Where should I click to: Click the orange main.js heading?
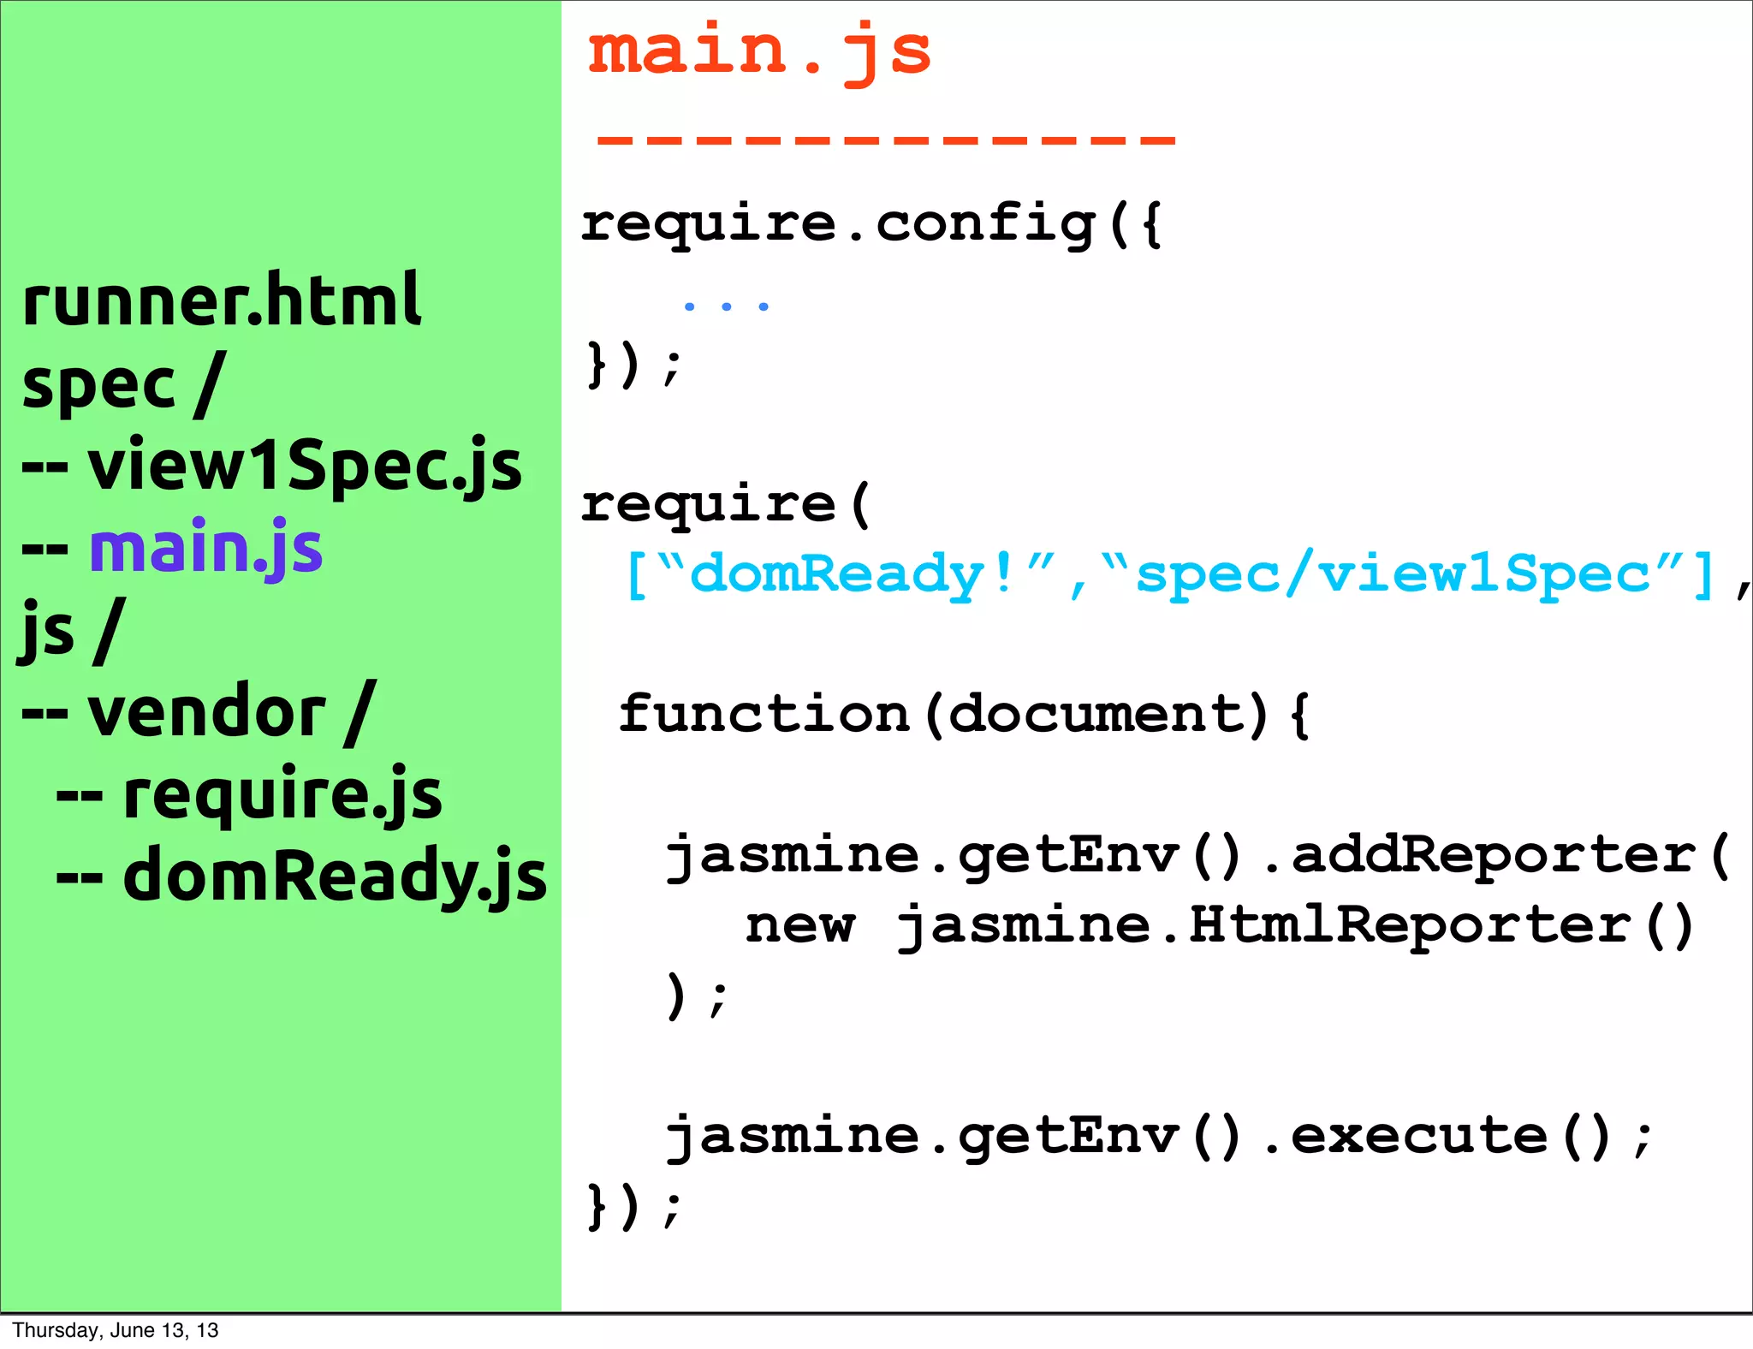pyautogui.click(x=758, y=51)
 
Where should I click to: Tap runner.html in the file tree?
pyautogui.click(x=221, y=300)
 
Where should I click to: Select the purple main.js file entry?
pyautogui.click(x=205, y=548)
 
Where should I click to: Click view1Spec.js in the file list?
pyautogui.click(x=304, y=466)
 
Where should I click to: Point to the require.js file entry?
pyautogui.click(x=282, y=794)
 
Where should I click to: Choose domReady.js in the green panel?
pyautogui.click(x=334, y=876)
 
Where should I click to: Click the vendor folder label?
pyautogui.click(x=205, y=712)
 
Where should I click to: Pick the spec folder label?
pyautogui.click(x=98, y=385)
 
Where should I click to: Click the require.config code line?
pyautogui.click(x=871, y=224)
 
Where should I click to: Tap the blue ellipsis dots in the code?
pyautogui.click(x=726, y=306)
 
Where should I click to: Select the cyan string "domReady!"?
pyautogui.click(x=852, y=573)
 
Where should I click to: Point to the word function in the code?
pyautogui.click(x=764, y=713)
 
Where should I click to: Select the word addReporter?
pyautogui.click(x=1493, y=854)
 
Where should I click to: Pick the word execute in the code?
pyautogui.click(x=1419, y=1135)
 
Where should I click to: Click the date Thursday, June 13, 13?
pyautogui.click(x=116, y=1330)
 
